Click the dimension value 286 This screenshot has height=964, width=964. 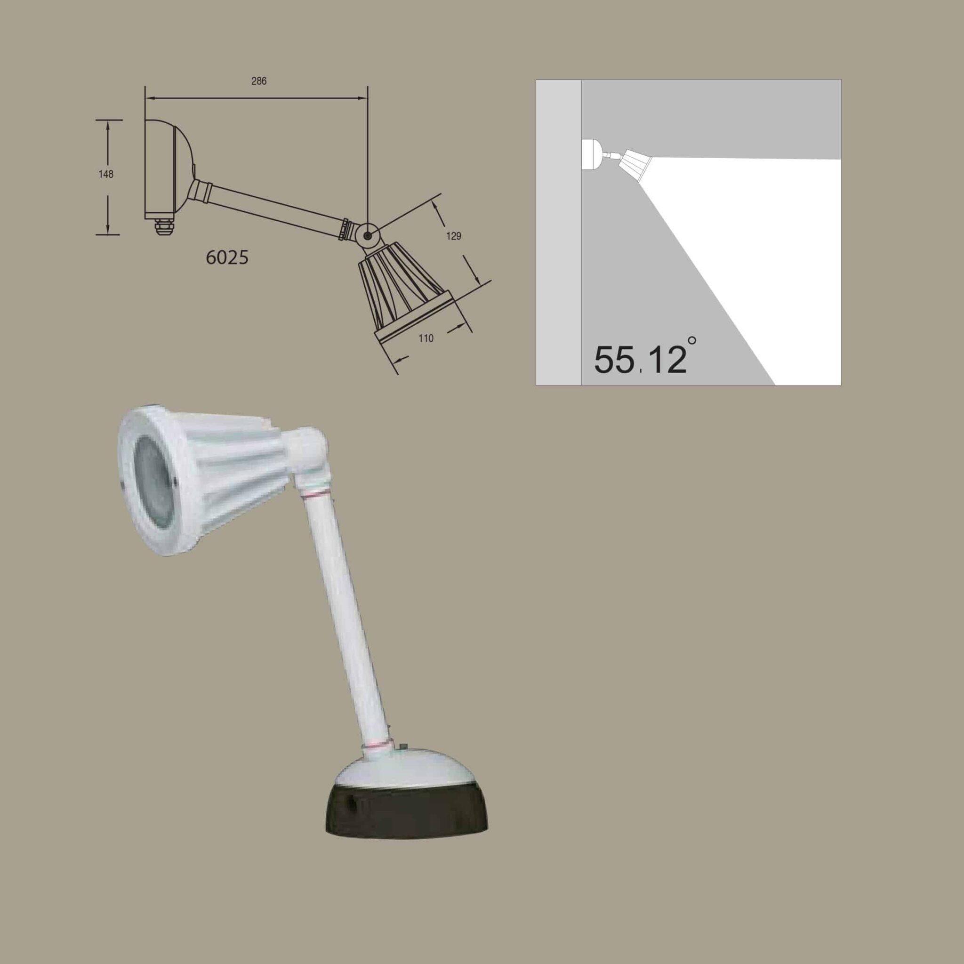click(x=258, y=81)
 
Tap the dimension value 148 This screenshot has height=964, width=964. click(x=106, y=174)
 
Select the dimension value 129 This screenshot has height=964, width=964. click(x=453, y=236)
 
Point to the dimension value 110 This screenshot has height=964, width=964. click(x=426, y=338)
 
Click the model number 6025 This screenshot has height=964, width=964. click(x=227, y=257)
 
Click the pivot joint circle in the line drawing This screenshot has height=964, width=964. click(x=368, y=235)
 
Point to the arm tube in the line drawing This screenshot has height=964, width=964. click(x=274, y=205)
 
